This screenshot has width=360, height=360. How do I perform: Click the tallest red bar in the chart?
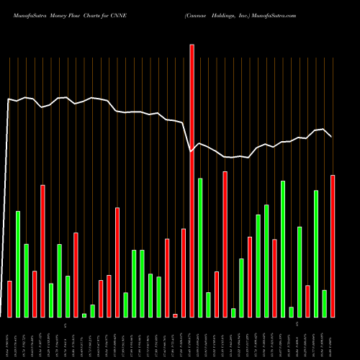(x=192, y=180)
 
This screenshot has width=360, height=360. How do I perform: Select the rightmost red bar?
(x=333, y=246)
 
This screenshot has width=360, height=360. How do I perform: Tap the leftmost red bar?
(x=9, y=299)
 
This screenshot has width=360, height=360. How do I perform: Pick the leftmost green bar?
(x=18, y=264)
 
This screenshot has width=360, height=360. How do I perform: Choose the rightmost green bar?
(x=325, y=303)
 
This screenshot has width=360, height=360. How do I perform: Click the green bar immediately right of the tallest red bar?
(x=200, y=247)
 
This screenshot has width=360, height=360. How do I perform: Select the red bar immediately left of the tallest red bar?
(x=184, y=272)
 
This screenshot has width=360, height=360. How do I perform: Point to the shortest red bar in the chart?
(x=175, y=315)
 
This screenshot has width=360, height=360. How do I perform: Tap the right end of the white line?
(x=331, y=136)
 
